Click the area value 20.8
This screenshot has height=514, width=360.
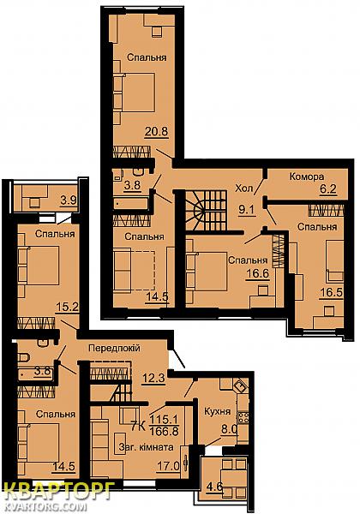157,132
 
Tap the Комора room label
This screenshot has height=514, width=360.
307,176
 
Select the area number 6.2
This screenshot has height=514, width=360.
328,189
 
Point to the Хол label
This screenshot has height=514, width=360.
244,188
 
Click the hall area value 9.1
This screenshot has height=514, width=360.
247,209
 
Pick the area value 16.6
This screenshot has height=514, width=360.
258,273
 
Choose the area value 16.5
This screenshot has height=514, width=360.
332,292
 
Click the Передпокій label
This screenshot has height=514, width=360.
114,348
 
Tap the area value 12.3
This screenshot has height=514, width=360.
153,379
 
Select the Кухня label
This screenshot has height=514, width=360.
218,411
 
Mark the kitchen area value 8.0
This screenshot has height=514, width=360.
229,430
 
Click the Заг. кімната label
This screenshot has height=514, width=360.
147,447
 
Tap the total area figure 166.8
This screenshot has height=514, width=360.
164,430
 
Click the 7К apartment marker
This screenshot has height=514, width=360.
138,426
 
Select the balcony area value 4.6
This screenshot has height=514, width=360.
214,495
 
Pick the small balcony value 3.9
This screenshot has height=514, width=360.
69,200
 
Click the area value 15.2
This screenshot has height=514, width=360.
67,308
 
